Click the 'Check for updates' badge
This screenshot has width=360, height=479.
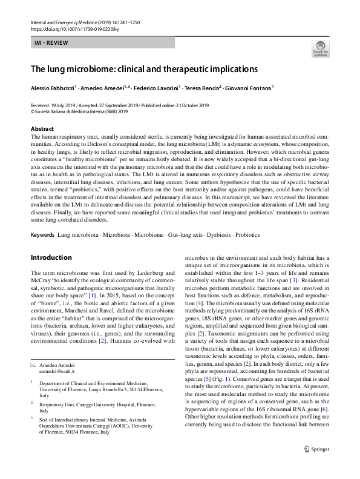tap(320, 48)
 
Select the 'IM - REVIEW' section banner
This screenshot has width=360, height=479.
tap(103, 42)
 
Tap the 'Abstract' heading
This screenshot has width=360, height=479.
tap(42, 129)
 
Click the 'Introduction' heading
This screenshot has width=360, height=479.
tap(51, 257)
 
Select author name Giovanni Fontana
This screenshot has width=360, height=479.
tap(247, 88)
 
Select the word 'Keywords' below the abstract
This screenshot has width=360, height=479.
tap(42, 233)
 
